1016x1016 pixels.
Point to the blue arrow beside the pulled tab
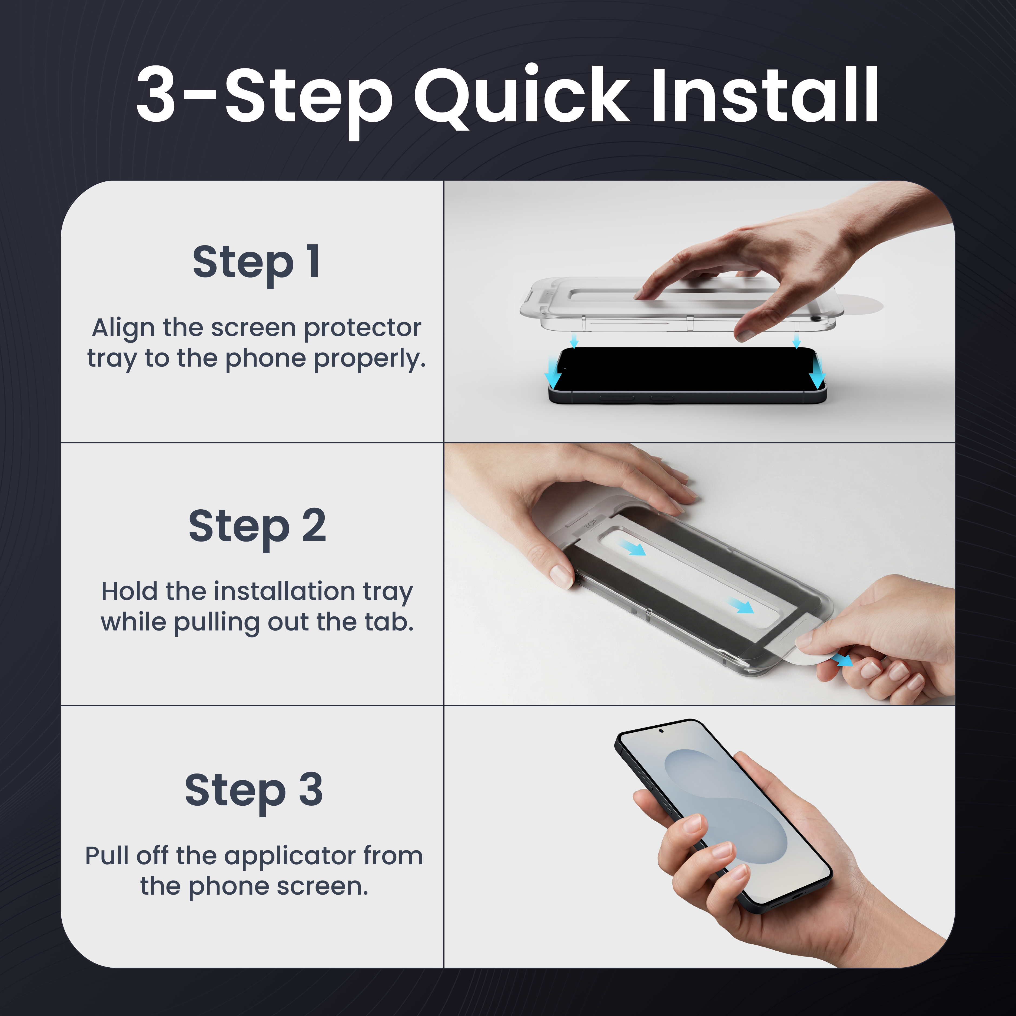(843, 659)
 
